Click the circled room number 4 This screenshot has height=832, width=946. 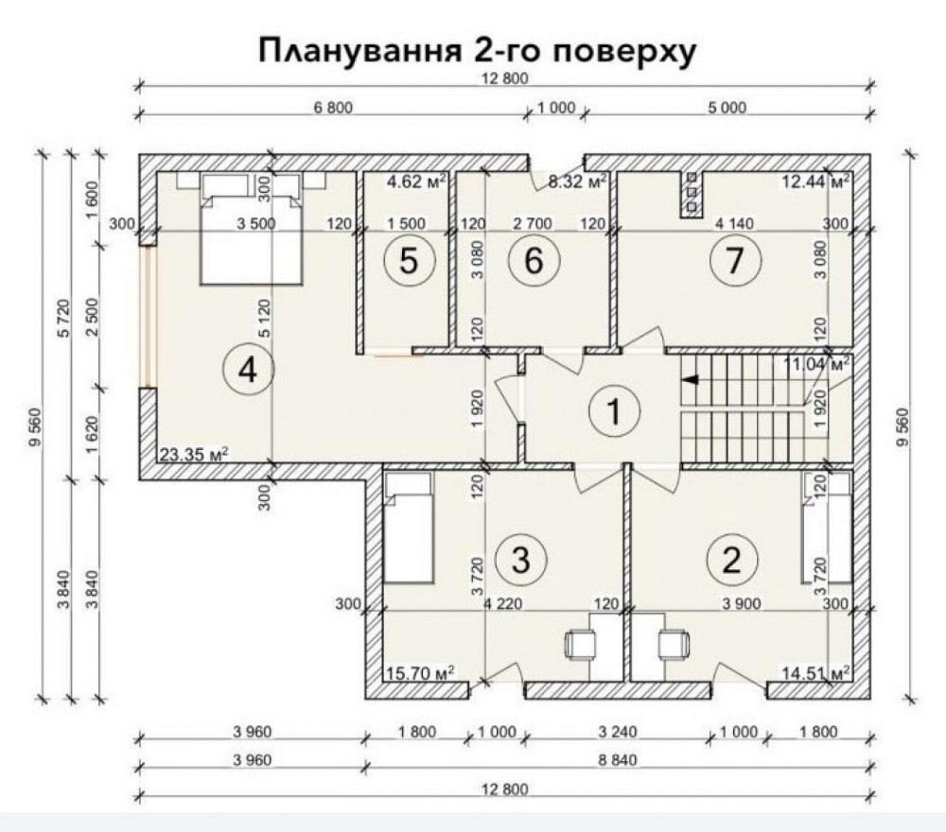click(248, 370)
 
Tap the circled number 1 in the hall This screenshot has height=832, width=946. click(614, 410)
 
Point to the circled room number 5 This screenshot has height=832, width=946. click(408, 262)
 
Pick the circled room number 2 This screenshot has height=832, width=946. click(730, 560)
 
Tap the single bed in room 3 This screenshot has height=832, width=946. click(409, 529)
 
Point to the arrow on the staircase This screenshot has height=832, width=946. click(691, 380)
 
